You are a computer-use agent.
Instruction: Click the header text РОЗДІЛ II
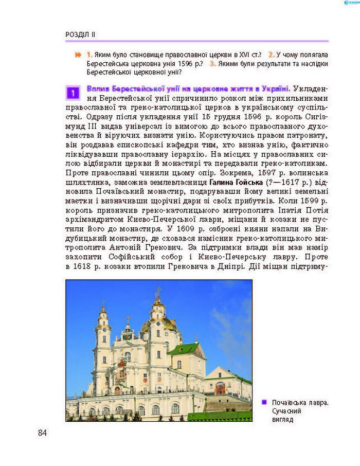pyautogui.click(x=81, y=34)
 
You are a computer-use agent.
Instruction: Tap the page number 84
pyautogui.click(x=42, y=433)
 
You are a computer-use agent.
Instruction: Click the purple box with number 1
pyautogui.click(x=73, y=93)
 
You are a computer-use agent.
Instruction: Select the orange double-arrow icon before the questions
pyautogui.click(x=78, y=54)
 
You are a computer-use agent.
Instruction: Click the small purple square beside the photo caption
pyautogui.click(x=264, y=402)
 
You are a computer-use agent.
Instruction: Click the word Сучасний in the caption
pyautogui.click(x=287, y=411)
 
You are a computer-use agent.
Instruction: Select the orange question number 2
pyautogui.click(x=271, y=54)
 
